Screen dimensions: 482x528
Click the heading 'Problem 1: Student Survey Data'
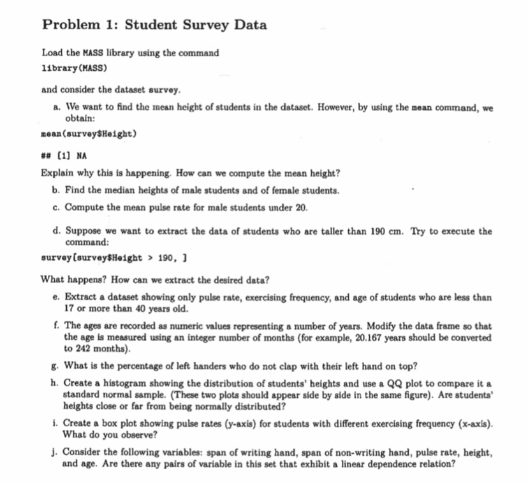[x=154, y=26]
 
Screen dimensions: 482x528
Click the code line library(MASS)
[x=75, y=67]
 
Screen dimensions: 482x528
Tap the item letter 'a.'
[x=57, y=108]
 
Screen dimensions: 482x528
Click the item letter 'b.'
[x=57, y=191]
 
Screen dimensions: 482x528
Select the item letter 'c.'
[x=57, y=207]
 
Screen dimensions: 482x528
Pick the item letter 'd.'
[x=57, y=231]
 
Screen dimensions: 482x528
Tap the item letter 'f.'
[x=57, y=325]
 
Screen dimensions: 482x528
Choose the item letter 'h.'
[x=57, y=383]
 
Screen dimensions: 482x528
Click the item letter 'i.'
[x=57, y=423]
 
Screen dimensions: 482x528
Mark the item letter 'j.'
[x=57, y=452]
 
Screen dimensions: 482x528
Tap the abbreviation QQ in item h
[x=394, y=383]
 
